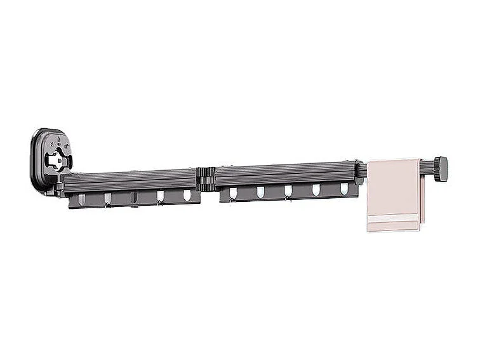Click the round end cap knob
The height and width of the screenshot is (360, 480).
pyautogui.click(x=441, y=170)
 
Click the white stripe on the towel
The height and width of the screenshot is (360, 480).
pyautogui.click(x=394, y=219)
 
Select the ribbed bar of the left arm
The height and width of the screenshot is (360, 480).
pyautogui.click(x=130, y=182)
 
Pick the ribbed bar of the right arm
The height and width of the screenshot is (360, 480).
pyautogui.click(x=286, y=175)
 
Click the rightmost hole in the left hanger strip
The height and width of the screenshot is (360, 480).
pyautogui.click(x=187, y=195)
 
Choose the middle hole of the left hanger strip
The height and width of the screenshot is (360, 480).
pyautogui.click(x=134, y=197)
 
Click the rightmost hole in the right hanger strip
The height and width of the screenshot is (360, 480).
pyautogui.click(x=344, y=189)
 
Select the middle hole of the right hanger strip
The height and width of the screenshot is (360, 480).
pyautogui.click(x=288, y=191)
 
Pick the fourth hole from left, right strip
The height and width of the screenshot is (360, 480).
pyautogui.click(x=316, y=190)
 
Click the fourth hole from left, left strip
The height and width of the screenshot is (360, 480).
pyautogui.click(x=160, y=196)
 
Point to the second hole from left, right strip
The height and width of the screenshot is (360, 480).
pyautogui.click(x=260, y=192)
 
